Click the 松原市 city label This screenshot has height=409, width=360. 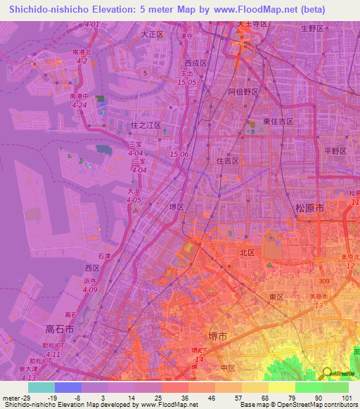309,209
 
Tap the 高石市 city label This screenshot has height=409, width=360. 60,328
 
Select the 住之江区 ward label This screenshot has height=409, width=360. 146,125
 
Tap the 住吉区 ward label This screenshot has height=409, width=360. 227,160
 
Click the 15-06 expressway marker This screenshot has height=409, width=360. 179,154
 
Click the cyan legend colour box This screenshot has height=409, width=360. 41,387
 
